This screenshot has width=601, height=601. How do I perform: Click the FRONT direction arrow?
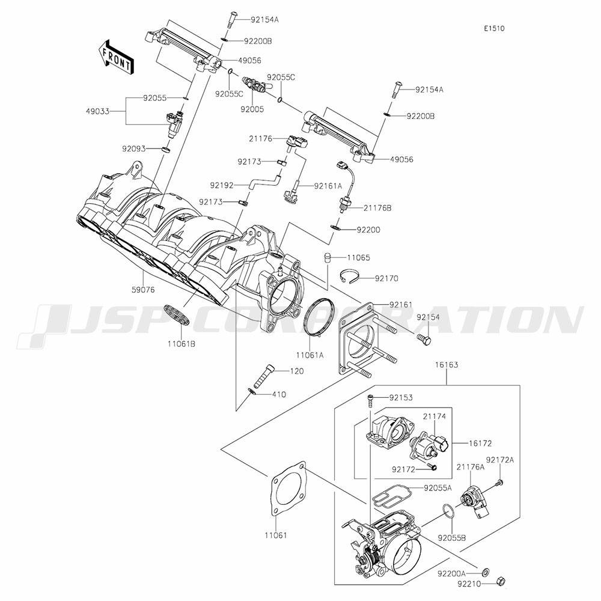point(116,56)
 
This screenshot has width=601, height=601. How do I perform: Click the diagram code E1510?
point(494,28)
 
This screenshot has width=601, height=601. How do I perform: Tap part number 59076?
point(144,290)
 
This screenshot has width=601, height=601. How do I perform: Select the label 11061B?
point(182,344)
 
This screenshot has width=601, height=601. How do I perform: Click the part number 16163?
point(447,365)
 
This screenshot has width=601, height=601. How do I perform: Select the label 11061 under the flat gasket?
point(275,535)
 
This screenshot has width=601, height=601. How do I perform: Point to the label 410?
point(279,394)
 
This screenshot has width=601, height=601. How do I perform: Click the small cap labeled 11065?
point(328,257)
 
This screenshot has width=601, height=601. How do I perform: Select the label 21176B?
point(377,208)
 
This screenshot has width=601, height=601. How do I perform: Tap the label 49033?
point(98,112)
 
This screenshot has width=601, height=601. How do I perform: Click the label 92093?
point(134,148)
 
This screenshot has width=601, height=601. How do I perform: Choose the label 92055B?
point(452,538)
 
